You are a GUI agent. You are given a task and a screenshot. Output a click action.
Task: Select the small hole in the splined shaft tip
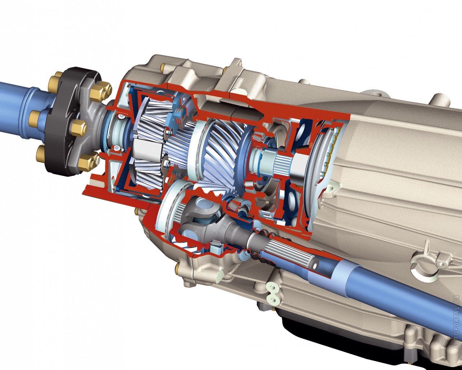pos(315,266)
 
